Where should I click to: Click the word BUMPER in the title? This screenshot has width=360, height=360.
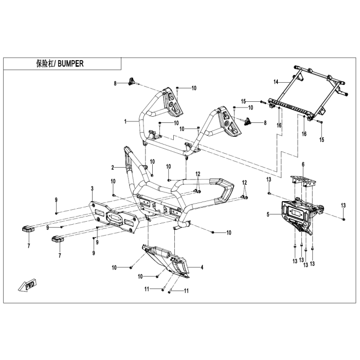pyautogui.click(x=69, y=64)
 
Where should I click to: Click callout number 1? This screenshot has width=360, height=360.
pyautogui.click(x=125, y=121)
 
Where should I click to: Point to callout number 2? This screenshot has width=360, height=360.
pyautogui.click(x=112, y=168)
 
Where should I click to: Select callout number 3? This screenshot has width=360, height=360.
pyautogui.click(x=92, y=189)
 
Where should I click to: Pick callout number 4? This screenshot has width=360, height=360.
pyautogui.click(x=202, y=267)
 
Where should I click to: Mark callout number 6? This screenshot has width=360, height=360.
pyautogui.click(x=303, y=165)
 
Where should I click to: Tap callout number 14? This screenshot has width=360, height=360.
pyautogui.click(x=276, y=82)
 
